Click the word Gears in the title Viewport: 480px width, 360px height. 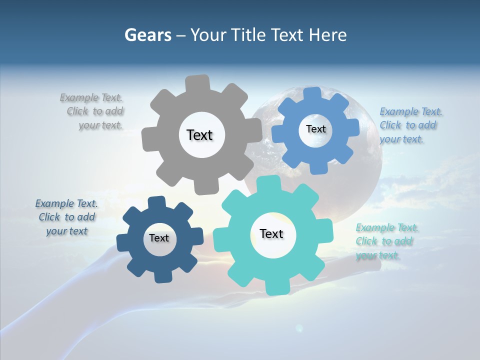[148, 35]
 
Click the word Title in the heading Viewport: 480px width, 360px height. [249, 35]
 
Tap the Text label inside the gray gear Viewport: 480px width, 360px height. [199, 135]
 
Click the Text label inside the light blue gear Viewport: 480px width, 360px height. [315, 129]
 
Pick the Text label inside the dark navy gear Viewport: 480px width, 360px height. [158, 238]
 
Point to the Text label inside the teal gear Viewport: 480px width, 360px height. [271, 234]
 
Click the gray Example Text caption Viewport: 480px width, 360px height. [92, 111]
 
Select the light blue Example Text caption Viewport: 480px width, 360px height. [410, 125]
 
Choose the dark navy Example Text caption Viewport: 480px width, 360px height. [66, 217]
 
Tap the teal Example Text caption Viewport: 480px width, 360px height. [386, 241]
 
